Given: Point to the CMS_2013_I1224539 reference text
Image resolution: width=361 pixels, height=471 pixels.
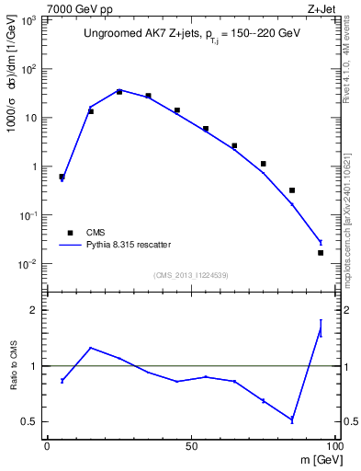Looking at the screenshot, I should point(190,274).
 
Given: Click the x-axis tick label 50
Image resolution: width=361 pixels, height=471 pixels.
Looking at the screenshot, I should point(190,446).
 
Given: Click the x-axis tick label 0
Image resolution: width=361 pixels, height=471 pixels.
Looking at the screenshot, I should point(47,446).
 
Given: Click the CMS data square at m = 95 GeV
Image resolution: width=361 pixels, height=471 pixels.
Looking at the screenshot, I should point(321,252).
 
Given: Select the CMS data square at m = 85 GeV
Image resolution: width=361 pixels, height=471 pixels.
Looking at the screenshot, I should point(292,190).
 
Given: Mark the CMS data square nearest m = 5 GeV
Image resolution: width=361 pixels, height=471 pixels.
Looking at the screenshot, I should point(62,177).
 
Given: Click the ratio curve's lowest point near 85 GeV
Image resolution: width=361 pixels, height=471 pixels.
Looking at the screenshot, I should point(292,419).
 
